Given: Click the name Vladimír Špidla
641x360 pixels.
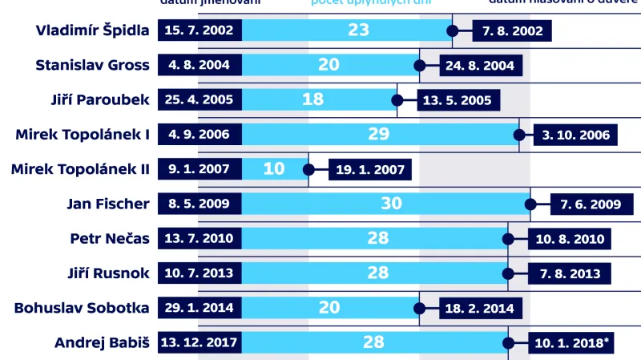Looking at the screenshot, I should click(x=93, y=31).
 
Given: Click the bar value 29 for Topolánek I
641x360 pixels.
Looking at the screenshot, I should click(x=378, y=135).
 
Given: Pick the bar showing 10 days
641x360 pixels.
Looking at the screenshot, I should click(x=274, y=169).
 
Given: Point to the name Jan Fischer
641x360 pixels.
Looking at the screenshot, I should click(x=108, y=204).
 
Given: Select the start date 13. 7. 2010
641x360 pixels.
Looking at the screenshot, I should click(x=199, y=238).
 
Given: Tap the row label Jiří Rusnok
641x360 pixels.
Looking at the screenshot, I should click(x=108, y=273).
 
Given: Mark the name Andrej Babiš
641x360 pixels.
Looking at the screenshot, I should click(x=102, y=342).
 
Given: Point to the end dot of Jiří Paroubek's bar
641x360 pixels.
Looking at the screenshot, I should click(x=397, y=100).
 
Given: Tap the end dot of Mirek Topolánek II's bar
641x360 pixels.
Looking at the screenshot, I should click(x=308, y=169).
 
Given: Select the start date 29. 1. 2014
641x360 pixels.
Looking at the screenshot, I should click(x=199, y=307).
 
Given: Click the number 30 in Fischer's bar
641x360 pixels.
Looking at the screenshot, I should click(x=391, y=204).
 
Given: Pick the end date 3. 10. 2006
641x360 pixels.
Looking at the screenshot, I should click(x=575, y=135).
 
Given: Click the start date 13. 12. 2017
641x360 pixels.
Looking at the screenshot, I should click(x=199, y=342).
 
